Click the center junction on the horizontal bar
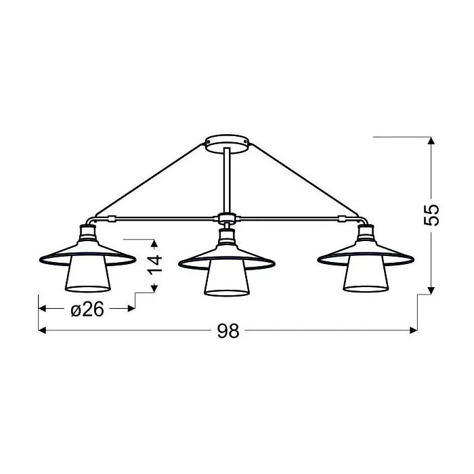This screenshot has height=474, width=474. (226, 218)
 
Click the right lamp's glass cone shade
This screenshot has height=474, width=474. (366, 277)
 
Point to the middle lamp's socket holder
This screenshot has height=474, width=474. (226, 237)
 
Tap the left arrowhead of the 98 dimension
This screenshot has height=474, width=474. (42, 331)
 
